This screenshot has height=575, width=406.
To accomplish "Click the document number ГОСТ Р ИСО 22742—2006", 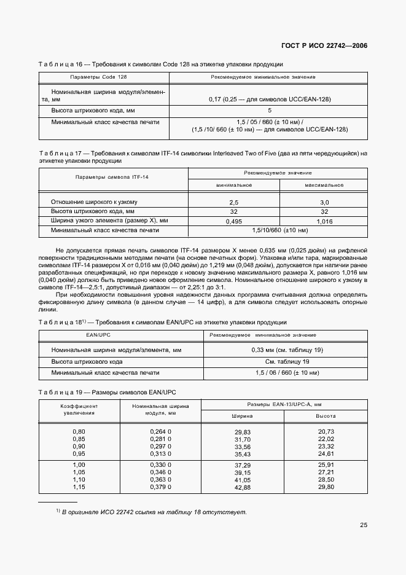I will click(324, 46).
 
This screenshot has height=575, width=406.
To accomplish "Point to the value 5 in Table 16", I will click(269, 111).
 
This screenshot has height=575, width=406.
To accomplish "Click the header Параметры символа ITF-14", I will click(112, 177).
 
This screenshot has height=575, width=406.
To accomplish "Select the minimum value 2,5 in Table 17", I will click(233, 202).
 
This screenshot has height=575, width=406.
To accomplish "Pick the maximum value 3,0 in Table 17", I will click(324, 202).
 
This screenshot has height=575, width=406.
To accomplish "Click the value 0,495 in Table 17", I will click(233, 221).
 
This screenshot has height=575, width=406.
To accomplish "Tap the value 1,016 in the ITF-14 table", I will click(324, 221).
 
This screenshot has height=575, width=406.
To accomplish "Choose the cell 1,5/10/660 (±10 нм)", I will click(279, 230).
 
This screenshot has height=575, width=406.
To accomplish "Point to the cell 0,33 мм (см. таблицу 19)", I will click(287, 350).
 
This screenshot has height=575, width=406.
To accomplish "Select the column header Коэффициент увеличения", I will click(79, 409).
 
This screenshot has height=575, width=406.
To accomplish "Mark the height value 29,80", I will click(326, 487).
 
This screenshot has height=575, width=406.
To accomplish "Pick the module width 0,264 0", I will click(160, 432).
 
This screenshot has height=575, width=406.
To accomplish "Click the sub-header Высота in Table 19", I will click(326, 416).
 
